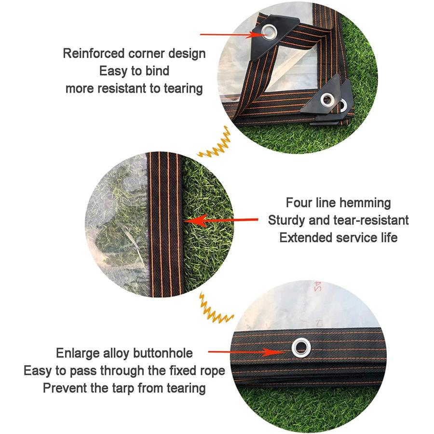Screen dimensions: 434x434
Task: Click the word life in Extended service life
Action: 389,238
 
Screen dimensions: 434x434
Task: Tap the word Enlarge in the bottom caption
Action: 78,354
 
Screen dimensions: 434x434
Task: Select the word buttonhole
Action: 163,353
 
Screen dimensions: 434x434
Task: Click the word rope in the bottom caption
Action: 213,371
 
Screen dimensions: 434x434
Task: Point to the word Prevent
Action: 65,388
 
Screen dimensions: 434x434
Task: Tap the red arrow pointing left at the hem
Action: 221,220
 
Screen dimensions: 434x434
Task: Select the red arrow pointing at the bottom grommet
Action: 246,352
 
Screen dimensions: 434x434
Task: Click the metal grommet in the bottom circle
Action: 301,348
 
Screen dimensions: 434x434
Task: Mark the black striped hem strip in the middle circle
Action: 164,224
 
